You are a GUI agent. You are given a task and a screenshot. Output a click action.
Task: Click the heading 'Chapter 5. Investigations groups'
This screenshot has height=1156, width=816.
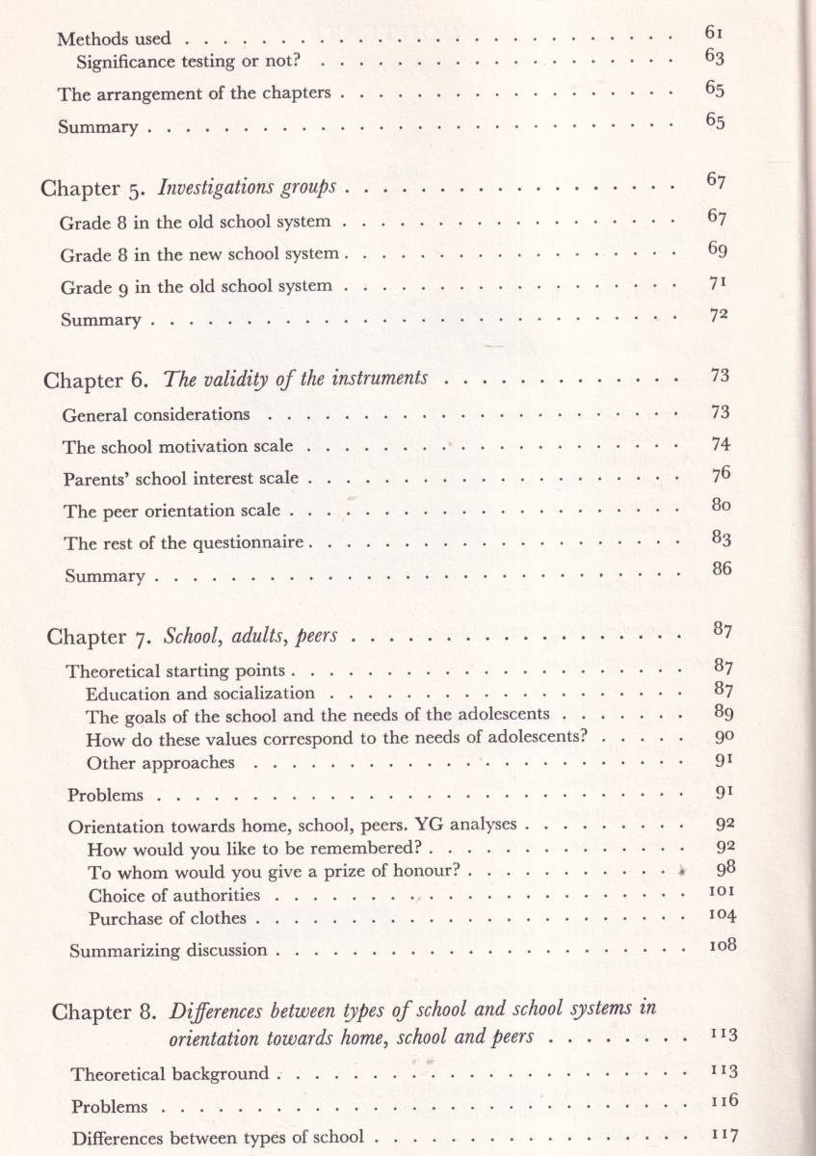[197, 188]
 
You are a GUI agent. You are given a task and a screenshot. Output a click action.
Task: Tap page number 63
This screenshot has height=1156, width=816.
[714, 57]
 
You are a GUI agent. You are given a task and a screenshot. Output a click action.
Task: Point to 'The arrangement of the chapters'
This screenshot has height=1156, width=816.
[195, 94]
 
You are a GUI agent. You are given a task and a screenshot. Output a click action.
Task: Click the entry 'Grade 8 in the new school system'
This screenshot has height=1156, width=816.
[199, 254]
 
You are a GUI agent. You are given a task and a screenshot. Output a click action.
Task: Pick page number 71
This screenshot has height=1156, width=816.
[714, 283]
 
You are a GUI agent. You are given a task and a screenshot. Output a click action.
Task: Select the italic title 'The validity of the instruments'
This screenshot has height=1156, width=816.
[296, 379]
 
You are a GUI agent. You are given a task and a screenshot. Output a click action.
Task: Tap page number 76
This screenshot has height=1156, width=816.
[720, 474]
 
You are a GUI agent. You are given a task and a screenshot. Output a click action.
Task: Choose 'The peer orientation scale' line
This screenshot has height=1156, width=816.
[172, 511]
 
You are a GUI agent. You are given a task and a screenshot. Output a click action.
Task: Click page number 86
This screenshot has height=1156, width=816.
[722, 568]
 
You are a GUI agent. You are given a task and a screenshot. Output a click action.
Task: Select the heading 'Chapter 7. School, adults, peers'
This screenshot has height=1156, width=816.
[198, 637]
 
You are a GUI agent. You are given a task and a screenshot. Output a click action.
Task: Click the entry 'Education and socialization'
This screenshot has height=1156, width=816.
[200, 694]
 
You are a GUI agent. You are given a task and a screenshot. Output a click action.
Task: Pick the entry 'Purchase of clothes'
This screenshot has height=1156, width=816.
[168, 918]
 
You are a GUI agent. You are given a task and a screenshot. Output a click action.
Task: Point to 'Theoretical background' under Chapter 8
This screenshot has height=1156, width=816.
[171, 1074]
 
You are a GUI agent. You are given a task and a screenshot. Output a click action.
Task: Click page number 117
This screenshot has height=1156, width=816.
[722, 1133]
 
